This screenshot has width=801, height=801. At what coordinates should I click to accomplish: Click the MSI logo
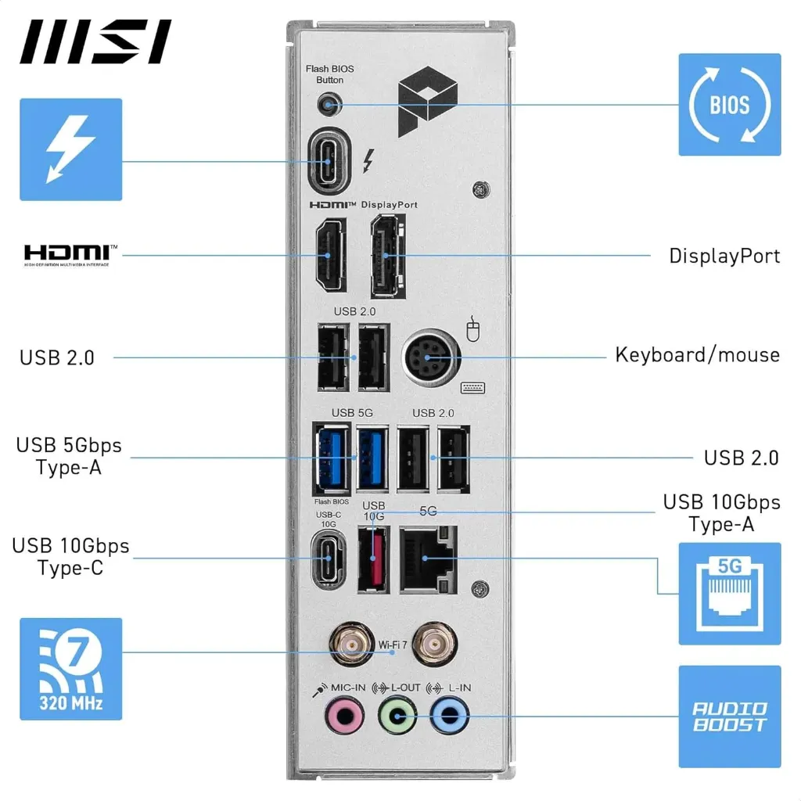tap(95, 42)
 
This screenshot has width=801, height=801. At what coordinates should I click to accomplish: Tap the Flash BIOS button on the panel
tap(330, 103)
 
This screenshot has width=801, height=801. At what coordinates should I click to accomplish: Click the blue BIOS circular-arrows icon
tap(729, 104)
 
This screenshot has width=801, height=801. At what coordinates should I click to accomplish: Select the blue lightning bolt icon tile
tap(70, 149)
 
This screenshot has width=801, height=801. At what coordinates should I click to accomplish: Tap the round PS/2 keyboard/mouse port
tap(427, 358)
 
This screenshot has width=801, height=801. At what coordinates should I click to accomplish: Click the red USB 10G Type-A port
tap(373, 558)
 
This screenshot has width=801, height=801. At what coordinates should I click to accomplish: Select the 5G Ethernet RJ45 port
tap(426, 558)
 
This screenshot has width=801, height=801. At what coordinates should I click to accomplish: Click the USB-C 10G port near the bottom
tap(328, 559)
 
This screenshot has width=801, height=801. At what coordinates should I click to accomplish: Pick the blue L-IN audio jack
tap(450, 715)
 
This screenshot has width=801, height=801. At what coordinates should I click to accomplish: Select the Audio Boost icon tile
tap(729, 716)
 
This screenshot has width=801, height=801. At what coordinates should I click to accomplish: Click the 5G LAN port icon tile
tap(729, 594)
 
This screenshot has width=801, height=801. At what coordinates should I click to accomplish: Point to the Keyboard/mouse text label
tap(697, 354)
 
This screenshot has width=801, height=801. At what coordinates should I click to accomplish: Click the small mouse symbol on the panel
tap(472, 330)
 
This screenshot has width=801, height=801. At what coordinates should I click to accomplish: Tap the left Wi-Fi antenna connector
tap(351, 645)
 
